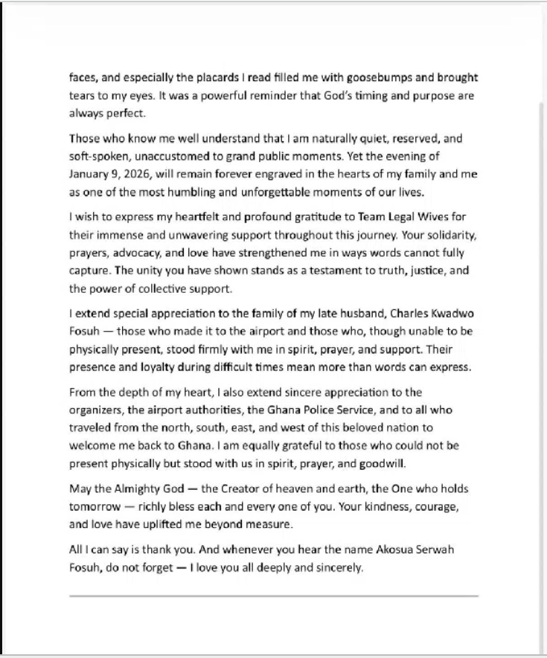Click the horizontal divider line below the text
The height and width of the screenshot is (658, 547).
pyautogui.click(x=273, y=596)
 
